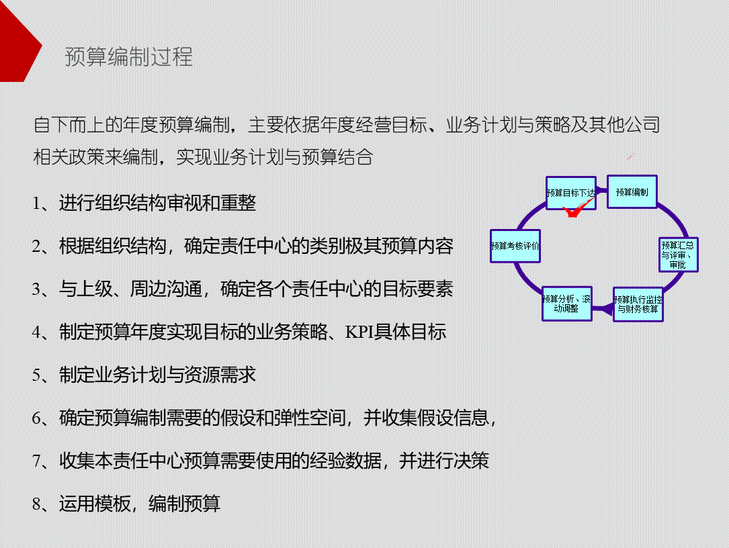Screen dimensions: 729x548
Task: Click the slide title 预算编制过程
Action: coord(128,56)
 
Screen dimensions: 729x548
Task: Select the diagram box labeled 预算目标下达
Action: coord(570,193)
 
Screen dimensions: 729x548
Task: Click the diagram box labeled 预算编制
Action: coord(632,192)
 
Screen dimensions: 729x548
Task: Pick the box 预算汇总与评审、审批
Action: coord(678,255)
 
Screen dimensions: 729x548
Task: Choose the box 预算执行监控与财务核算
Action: coord(638,304)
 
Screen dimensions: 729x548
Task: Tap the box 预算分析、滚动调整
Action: coord(566,304)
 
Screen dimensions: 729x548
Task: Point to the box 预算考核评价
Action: coord(515,246)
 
